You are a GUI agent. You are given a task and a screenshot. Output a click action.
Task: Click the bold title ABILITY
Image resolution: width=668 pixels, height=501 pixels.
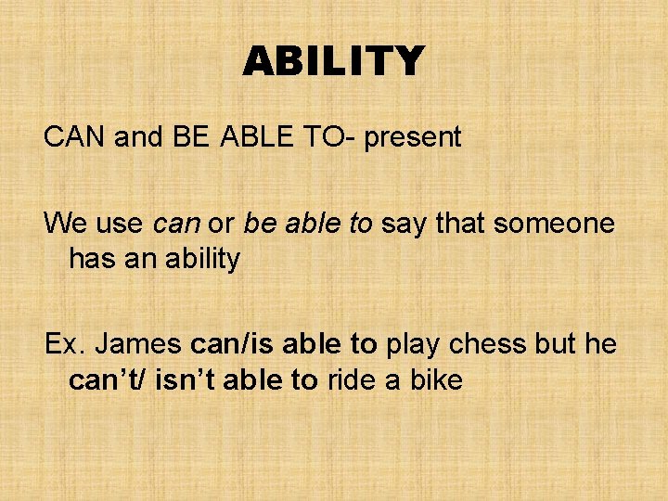[x=333, y=62]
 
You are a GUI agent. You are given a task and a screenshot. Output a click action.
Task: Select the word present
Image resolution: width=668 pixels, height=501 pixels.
[x=413, y=137]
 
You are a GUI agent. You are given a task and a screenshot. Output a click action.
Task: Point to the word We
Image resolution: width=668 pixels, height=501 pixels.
[x=66, y=223]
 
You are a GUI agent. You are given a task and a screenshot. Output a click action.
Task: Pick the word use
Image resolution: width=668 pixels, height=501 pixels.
[x=120, y=223]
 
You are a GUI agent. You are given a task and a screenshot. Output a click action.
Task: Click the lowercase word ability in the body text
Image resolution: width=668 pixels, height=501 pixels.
[x=201, y=259]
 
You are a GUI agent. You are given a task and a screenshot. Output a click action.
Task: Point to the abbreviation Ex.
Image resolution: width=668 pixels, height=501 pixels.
[x=64, y=344]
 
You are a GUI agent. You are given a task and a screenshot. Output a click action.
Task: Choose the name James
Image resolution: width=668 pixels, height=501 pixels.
[x=140, y=344]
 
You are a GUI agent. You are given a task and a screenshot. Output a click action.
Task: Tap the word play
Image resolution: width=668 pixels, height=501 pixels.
[x=414, y=344]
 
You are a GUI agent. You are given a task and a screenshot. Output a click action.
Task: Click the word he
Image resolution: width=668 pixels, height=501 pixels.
[x=601, y=344]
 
